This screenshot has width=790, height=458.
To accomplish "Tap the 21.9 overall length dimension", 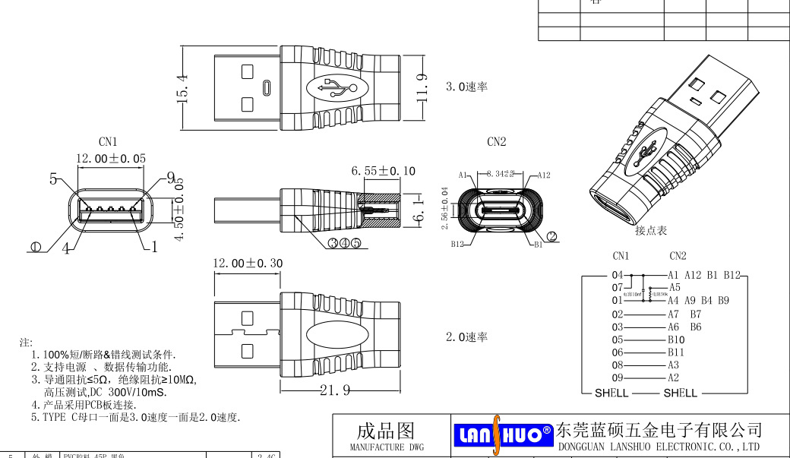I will click(x=336, y=390).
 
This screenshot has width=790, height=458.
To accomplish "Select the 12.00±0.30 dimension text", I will click(x=247, y=264).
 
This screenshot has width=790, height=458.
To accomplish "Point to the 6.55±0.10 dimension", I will click(x=383, y=172).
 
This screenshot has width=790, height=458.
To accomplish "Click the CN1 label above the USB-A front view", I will click(x=108, y=142).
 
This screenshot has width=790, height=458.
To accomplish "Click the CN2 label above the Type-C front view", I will click(x=496, y=142).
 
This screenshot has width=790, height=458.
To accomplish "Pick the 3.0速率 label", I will click(x=466, y=87).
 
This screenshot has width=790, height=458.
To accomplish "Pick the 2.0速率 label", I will click(x=466, y=337).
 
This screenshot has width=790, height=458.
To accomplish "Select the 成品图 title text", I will click(x=385, y=431).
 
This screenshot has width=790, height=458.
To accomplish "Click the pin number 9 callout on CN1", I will click(x=171, y=178).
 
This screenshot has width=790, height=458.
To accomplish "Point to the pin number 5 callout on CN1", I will click(x=54, y=179).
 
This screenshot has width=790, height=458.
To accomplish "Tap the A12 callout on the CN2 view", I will click(x=543, y=175).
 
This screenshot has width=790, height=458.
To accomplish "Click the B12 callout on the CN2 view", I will click(x=457, y=245).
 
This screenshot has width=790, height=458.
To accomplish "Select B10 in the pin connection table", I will click(x=676, y=340).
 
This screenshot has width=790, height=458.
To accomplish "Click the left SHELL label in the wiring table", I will click(x=611, y=393).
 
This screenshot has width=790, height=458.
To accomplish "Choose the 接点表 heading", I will click(x=650, y=230).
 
